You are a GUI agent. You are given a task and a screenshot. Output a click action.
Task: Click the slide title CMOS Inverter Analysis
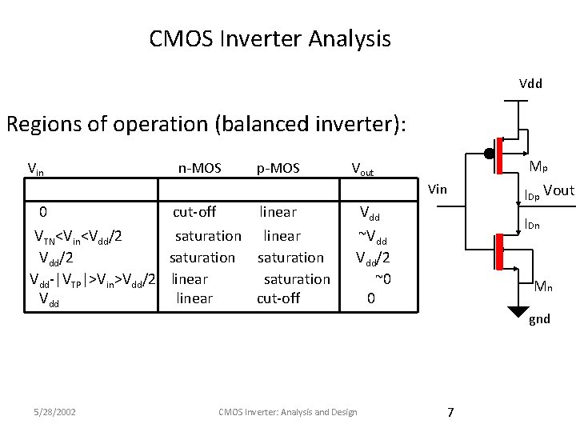pyautogui.click(x=270, y=38)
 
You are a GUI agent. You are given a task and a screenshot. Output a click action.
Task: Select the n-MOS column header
pyautogui.click(x=199, y=168)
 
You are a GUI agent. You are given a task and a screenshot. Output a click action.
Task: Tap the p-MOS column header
pyautogui.click(x=278, y=168)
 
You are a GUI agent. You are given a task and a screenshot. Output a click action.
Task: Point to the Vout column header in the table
pyautogui.click(x=368, y=169)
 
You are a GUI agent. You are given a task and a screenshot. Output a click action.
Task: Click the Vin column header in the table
pyautogui.click(x=36, y=169)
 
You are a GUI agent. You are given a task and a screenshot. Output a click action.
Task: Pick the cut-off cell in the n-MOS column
pyautogui.click(x=194, y=212)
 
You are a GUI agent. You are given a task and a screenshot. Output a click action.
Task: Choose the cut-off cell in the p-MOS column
pyautogui.click(x=278, y=298)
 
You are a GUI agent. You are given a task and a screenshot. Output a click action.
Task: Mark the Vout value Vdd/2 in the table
pyautogui.click(x=374, y=258)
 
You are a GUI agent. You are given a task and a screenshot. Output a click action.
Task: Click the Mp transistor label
pyautogui.click(x=539, y=167)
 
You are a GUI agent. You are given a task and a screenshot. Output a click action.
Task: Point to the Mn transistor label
pyautogui.click(x=543, y=286)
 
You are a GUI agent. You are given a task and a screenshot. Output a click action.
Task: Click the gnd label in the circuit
pyautogui.click(x=539, y=319)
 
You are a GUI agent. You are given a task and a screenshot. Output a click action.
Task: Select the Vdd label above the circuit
pyautogui.click(x=530, y=83)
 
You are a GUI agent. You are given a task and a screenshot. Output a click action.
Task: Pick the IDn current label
pyautogui.click(x=532, y=226)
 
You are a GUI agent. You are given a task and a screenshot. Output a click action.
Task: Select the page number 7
pyautogui.click(x=450, y=412)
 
